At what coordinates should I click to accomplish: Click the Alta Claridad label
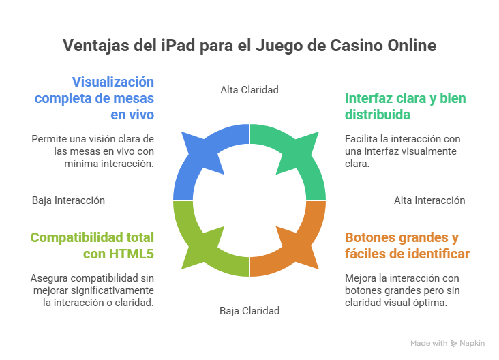[249, 89]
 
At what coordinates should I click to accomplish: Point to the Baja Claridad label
[249, 310]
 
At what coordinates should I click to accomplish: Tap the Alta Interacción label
[429, 200]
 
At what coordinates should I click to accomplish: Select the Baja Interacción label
[68, 200]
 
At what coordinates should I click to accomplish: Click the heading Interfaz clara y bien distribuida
[406, 106]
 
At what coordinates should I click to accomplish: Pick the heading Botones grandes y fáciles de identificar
[407, 245]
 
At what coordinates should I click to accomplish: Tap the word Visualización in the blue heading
[113, 81]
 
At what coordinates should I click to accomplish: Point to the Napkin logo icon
[454, 344]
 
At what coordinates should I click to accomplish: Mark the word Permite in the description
[50, 138]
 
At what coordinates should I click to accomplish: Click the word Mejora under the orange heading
[361, 277]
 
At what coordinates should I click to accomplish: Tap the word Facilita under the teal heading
[363, 138]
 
